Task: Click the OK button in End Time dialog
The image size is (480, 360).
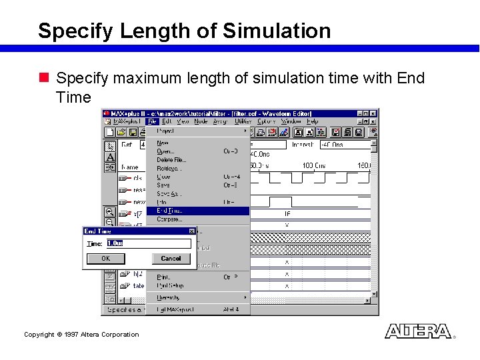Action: [x=105, y=259]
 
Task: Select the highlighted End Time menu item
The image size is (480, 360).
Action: [x=170, y=211]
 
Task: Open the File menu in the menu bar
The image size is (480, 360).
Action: [x=152, y=122]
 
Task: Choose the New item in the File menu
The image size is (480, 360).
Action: [x=163, y=143]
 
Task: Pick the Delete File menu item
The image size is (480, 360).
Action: [x=171, y=160]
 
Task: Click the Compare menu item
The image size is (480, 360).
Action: [x=169, y=219]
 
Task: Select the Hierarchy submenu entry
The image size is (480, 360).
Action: [x=168, y=297]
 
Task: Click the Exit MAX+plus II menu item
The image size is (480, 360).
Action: [x=175, y=310]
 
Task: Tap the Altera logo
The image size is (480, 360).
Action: [x=418, y=331]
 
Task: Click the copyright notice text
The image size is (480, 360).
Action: [x=81, y=335]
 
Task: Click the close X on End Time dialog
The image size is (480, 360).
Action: [x=191, y=231]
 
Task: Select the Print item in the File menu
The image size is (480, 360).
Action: [x=163, y=277]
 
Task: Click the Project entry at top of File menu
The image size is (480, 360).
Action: [x=166, y=131]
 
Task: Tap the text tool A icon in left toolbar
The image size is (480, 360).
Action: [x=110, y=157]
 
